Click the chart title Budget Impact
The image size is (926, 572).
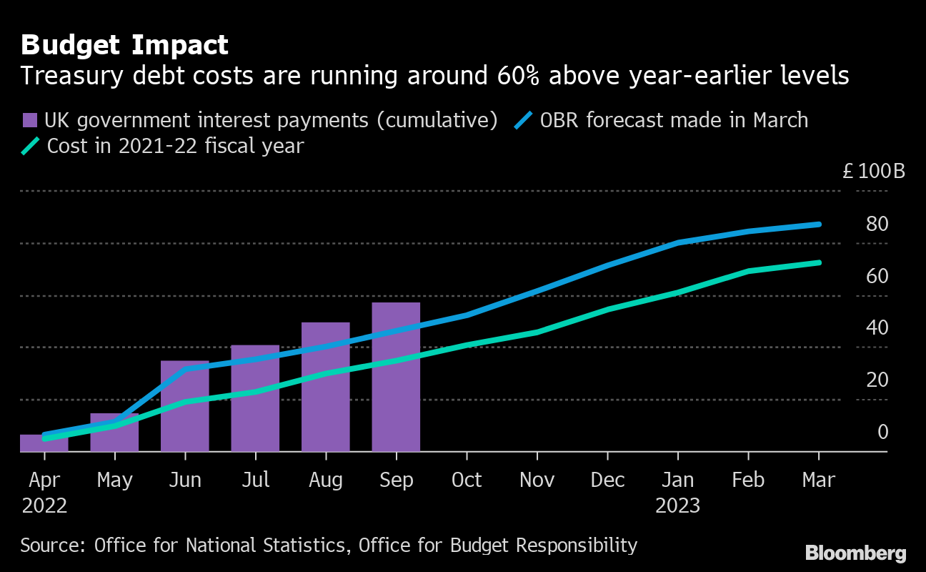[x=124, y=45]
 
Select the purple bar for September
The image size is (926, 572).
[x=396, y=377]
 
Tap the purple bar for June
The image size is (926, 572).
[x=184, y=406]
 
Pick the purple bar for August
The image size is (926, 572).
[x=326, y=387]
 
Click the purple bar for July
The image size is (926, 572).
[x=255, y=398]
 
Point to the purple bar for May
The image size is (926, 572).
[x=114, y=433]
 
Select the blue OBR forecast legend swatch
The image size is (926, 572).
[x=524, y=120]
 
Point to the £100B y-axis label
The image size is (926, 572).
[x=873, y=172]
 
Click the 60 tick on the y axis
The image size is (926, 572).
[x=877, y=276]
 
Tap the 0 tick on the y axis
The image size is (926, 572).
[x=883, y=432]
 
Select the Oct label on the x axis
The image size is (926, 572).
[x=467, y=480]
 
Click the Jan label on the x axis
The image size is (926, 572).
[x=677, y=480]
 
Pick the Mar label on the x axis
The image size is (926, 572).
[x=818, y=480]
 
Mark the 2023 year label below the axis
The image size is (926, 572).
[x=677, y=506]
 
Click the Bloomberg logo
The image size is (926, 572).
[x=855, y=553]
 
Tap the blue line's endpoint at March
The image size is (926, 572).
[x=819, y=225]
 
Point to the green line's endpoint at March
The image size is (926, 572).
[x=819, y=262]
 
